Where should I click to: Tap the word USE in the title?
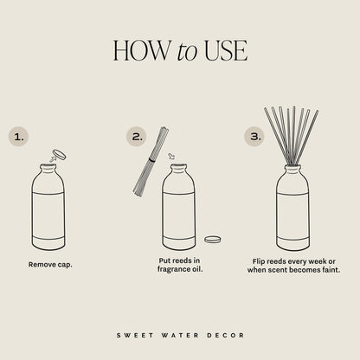(226, 51)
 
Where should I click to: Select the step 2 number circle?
(136, 136)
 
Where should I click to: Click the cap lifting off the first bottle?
(59, 156)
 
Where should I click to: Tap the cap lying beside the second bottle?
(212, 239)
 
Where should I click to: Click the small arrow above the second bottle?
(171, 157)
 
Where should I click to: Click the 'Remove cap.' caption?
(49, 264)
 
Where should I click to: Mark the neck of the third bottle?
(292, 170)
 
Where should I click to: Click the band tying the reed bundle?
(151, 160)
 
